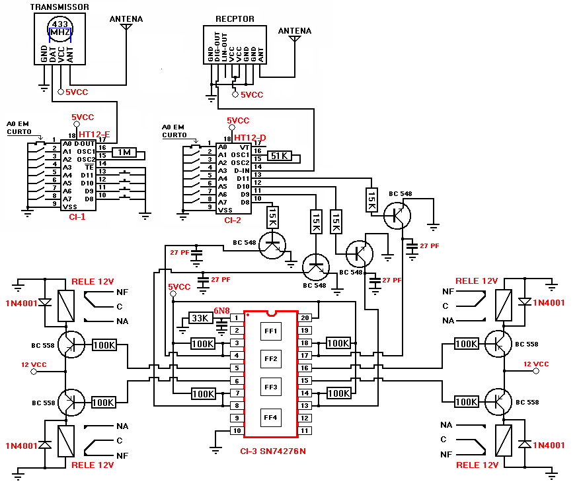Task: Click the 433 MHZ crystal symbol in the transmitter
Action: point(60,28)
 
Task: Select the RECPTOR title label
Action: point(234,19)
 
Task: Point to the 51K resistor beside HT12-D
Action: point(280,156)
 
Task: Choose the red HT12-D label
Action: point(250,138)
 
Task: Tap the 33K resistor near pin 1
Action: point(200,318)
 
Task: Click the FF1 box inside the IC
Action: point(272,330)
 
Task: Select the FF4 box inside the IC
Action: point(272,417)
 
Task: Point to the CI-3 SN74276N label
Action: point(272,451)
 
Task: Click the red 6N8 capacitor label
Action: point(221,311)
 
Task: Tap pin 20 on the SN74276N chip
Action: point(305,317)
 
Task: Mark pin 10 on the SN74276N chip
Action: point(236,430)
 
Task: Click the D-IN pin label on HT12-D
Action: point(242,170)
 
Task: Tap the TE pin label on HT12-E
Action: point(88,167)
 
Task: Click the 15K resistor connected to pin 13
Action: point(371,200)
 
